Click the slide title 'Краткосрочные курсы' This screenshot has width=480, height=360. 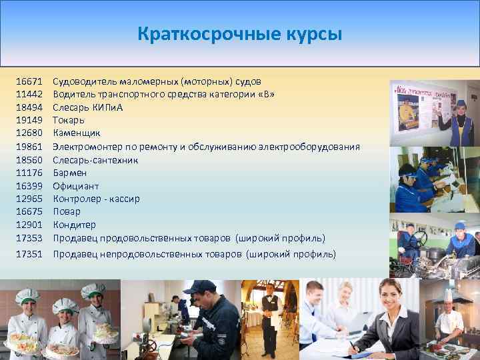239,33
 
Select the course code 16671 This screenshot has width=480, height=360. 29,81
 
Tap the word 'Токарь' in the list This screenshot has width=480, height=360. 69,121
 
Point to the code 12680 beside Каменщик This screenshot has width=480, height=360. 29,133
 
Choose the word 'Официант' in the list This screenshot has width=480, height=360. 75,186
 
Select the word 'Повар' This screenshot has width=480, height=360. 67,212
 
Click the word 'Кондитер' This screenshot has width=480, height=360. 74,225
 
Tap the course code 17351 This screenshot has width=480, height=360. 29,254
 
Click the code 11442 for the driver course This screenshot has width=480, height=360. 29,95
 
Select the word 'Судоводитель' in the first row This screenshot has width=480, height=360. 85,81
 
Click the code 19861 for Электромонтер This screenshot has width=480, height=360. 29,147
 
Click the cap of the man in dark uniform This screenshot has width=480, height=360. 199,287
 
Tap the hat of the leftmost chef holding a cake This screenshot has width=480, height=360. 27,296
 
